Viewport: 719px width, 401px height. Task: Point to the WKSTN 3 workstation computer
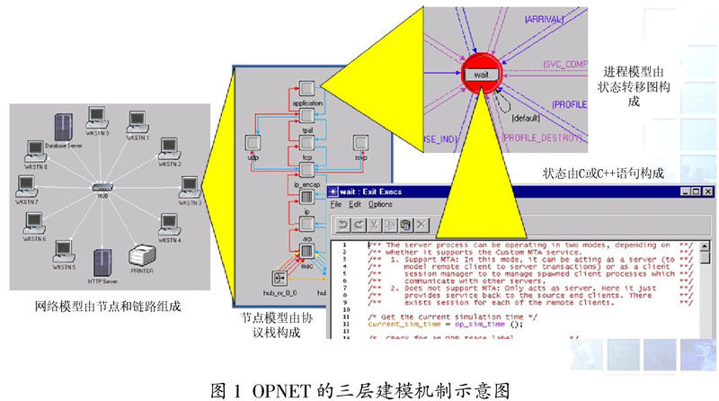click(x=190, y=187)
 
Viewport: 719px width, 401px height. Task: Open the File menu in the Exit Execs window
click(x=335, y=205)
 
